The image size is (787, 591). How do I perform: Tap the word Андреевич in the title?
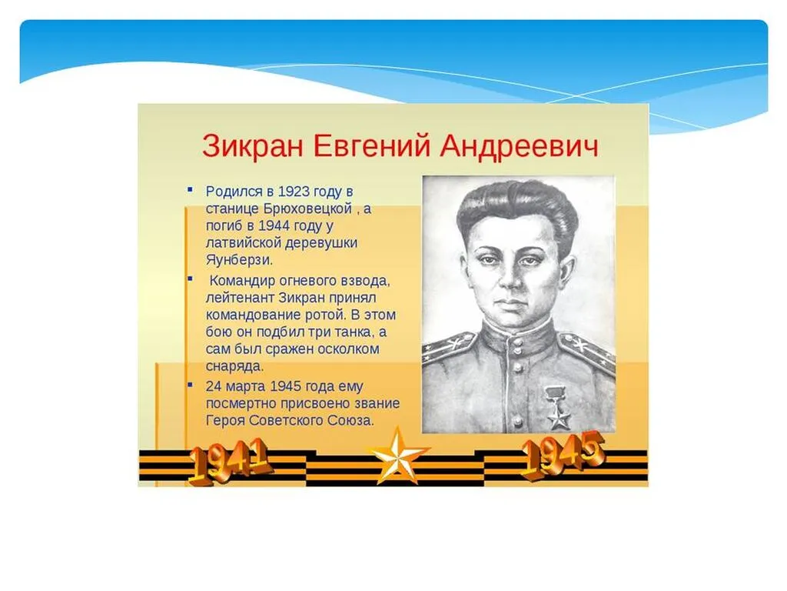519,145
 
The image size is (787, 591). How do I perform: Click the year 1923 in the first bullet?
294,191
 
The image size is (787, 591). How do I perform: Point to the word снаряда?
234,367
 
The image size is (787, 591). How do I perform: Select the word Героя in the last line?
225,421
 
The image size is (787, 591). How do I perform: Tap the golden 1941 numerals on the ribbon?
228,461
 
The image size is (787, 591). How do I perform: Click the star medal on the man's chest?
557,408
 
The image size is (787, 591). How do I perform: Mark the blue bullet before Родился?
189,187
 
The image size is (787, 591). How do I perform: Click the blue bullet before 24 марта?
189,382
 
